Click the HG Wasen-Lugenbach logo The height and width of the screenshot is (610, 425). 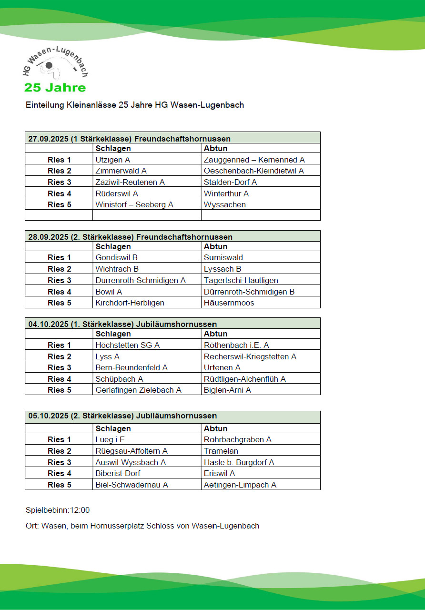click(55, 64)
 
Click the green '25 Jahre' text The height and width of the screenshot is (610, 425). click(55, 88)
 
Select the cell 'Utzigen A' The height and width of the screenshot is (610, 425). click(113, 160)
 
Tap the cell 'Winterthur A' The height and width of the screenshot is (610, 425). click(226, 193)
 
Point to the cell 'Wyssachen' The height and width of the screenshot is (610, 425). click(225, 204)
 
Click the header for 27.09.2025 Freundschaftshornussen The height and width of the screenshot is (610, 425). click(130, 139)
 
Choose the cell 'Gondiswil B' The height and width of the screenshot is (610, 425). click(116, 257)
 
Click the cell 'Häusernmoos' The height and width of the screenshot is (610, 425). click(229, 303)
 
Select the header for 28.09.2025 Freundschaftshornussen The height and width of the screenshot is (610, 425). click(131, 236)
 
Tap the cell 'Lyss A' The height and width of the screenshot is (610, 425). click(108, 356)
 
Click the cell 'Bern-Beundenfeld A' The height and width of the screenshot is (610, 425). click(132, 367)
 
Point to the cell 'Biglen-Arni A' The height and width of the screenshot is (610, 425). click(227, 390)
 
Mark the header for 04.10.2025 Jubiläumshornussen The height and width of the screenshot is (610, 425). click(122, 324)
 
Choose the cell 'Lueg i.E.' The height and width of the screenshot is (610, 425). click(111, 439)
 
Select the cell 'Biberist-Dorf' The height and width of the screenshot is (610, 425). click(118, 473)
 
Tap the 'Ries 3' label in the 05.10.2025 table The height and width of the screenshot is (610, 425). click(60, 462)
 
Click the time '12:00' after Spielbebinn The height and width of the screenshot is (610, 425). click(80, 510)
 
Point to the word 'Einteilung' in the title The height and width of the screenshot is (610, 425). click(43, 105)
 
